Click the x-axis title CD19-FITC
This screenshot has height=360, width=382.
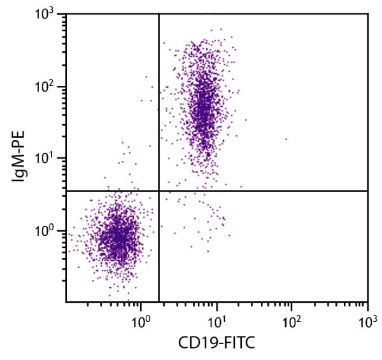pos(217,344)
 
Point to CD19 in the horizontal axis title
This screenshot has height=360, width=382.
pos(197,344)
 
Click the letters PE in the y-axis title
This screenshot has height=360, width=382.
pos(20,140)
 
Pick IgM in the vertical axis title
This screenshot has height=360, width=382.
pos(20,170)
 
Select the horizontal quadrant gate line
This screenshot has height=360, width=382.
pos(267,191)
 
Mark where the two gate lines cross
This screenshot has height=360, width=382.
pos(159,191)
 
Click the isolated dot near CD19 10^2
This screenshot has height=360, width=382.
pos(286,139)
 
